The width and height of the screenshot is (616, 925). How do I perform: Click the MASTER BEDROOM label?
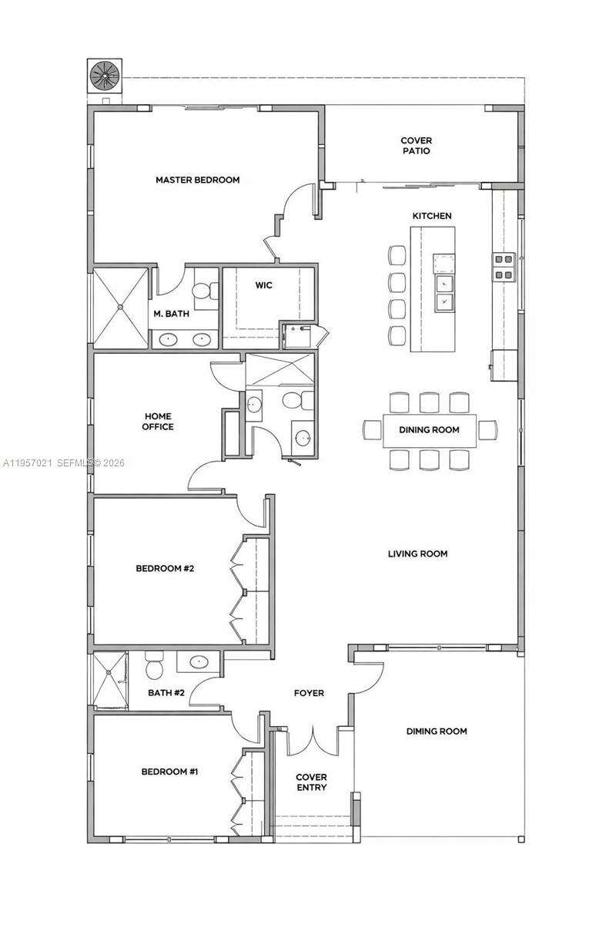[x=197, y=180]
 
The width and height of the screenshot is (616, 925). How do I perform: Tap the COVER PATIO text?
[x=416, y=146]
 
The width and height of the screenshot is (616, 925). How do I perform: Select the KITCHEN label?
[x=431, y=216]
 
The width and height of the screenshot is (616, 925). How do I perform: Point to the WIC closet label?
[x=263, y=285]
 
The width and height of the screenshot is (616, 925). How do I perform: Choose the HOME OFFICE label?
[x=158, y=422]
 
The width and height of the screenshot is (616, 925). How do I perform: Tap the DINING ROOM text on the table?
[x=429, y=430]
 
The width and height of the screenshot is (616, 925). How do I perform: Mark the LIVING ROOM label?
[x=417, y=553]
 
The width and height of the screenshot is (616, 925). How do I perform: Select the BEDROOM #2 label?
[x=165, y=569]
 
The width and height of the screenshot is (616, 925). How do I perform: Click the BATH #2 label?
[x=166, y=693]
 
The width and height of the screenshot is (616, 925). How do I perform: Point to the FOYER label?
[x=309, y=693]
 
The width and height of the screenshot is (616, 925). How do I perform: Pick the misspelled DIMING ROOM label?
[x=437, y=731]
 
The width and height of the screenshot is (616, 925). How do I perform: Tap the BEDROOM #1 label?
[x=169, y=771]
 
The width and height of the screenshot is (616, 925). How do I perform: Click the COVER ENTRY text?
[x=311, y=782]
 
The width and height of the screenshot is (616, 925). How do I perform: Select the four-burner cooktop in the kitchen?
[x=504, y=267]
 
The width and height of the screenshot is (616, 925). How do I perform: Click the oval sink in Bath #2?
[x=199, y=661]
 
